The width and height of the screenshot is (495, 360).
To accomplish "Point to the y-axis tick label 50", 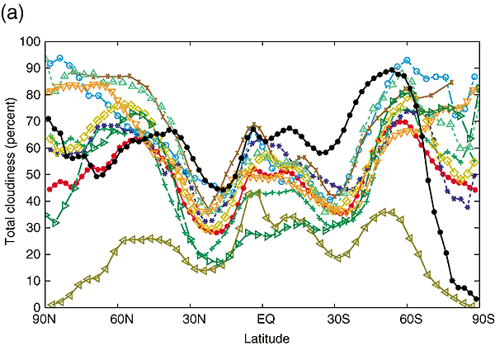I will click(34, 174).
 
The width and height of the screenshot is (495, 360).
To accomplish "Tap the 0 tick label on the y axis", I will click(37, 308).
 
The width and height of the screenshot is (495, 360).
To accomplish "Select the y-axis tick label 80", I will click(34, 94).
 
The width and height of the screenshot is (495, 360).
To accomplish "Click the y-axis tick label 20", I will click(34, 254).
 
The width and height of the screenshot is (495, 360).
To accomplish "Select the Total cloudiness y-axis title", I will click(12, 174).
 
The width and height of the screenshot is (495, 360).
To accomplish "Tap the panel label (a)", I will click(15, 14).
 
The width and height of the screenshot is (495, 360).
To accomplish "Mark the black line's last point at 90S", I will click(478, 299).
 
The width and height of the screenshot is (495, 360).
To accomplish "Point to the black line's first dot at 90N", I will click(49, 119).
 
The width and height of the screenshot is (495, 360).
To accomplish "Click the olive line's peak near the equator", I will click(257, 192).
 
